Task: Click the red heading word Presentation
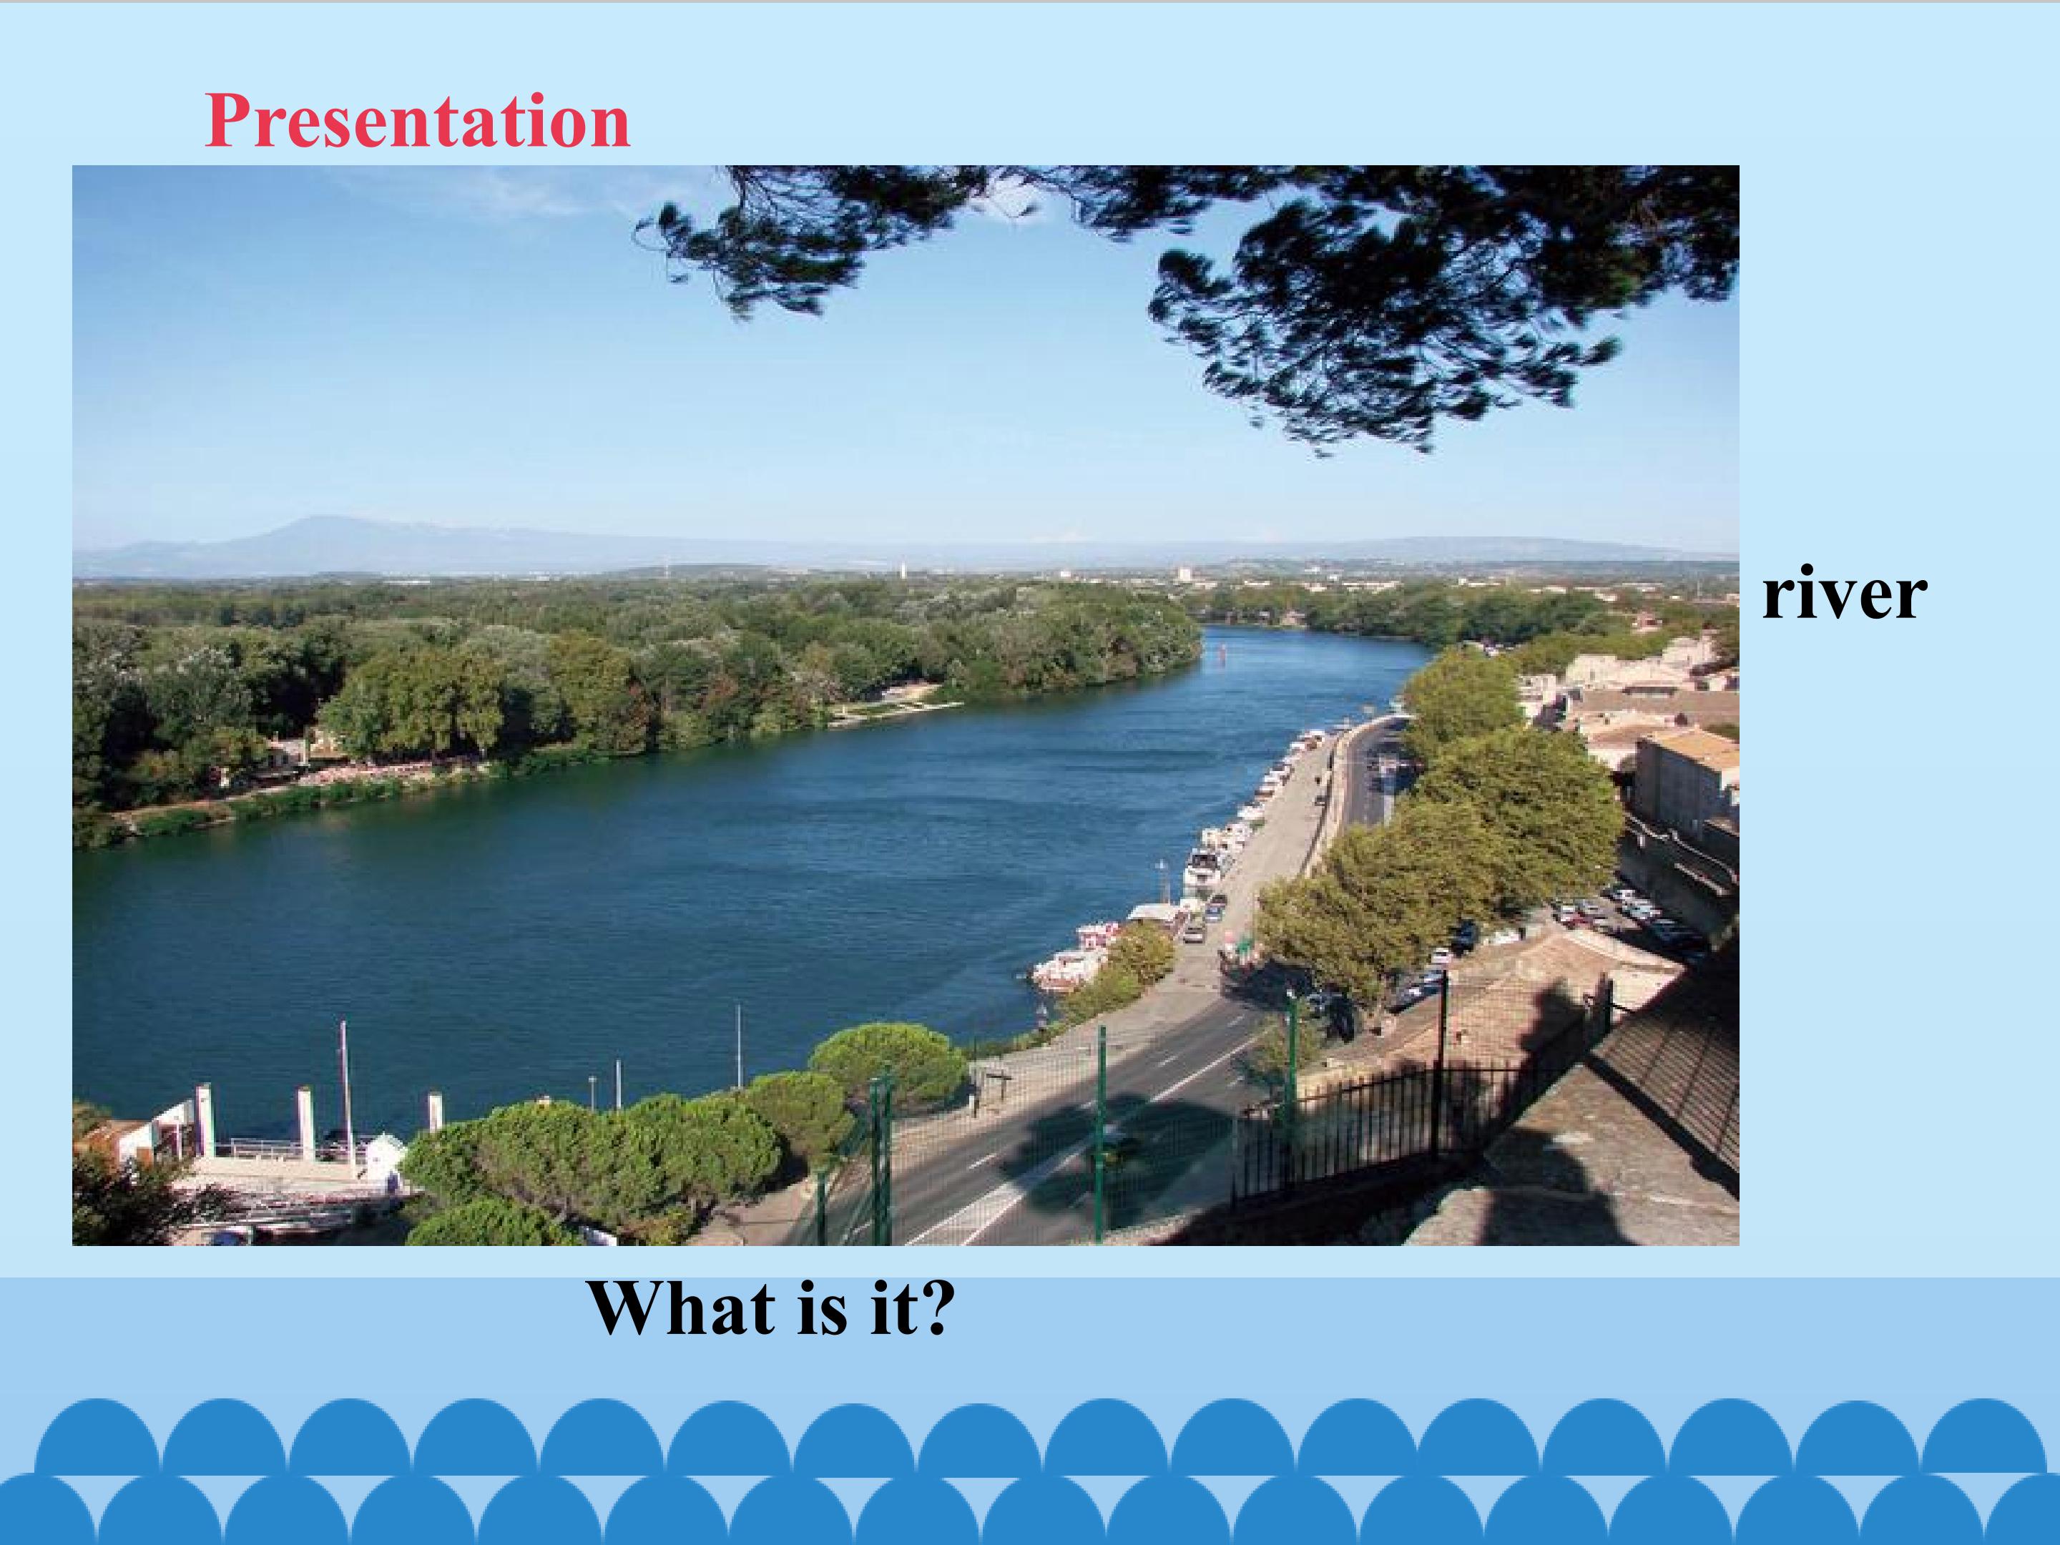tap(417, 121)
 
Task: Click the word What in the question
tap(681, 1308)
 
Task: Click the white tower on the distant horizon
tap(901, 569)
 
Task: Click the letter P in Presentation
tap(225, 121)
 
